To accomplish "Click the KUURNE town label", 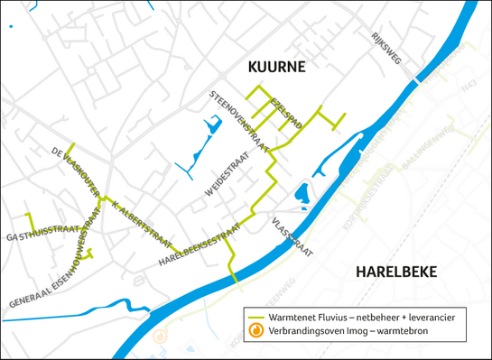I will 277,68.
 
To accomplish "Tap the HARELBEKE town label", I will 395,272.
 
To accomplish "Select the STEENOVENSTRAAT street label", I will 242,118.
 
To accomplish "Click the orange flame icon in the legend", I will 256,331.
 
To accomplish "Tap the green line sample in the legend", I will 256,318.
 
